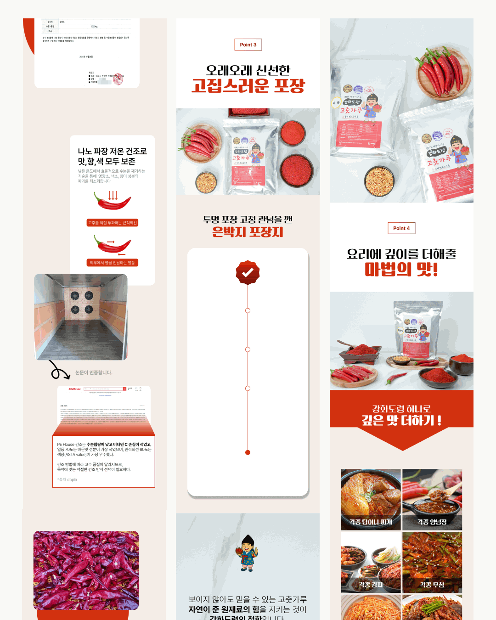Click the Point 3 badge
pos(248,45)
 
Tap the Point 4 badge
pos(401,228)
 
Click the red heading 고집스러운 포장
pos(248,86)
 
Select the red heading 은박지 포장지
pos(248,232)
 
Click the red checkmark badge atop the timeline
pos(248,273)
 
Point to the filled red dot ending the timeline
pos(248,452)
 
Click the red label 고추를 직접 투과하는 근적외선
pos(113,223)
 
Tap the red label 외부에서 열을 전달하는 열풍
pos(113,263)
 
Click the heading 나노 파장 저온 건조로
pos(113,152)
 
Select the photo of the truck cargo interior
pos(81,317)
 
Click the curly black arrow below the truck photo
pos(59,370)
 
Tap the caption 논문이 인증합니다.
pos(94,372)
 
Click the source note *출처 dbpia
pos(67,479)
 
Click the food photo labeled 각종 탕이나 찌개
pos(371,499)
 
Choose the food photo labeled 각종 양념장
pos(432,499)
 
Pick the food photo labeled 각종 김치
pos(371,562)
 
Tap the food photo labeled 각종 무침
pos(432,562)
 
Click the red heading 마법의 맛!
pos(401,269)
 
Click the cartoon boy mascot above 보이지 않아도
pos(248,553)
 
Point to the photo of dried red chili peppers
pos(86,570)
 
